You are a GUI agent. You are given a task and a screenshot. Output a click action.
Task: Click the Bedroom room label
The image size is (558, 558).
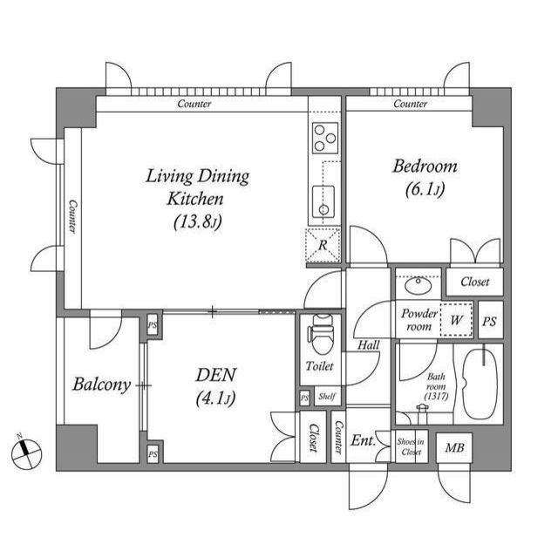424,167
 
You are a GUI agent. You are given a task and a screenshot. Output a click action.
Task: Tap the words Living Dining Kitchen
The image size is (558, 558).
197,187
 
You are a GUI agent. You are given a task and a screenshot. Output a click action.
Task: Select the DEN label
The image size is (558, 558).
216,376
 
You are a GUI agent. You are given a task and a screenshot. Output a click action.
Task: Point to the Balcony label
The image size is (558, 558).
101,384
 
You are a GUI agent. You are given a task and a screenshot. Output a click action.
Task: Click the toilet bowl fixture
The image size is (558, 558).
321,332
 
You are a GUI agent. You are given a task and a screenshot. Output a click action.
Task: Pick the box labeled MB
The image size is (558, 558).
454,450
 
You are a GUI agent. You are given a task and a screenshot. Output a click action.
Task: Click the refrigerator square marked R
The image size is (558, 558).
322,245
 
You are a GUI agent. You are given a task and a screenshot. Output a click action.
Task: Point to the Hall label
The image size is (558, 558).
370,345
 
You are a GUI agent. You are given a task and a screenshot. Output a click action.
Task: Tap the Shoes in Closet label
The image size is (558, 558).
410,447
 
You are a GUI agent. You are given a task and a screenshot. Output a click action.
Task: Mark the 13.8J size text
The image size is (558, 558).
199,221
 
